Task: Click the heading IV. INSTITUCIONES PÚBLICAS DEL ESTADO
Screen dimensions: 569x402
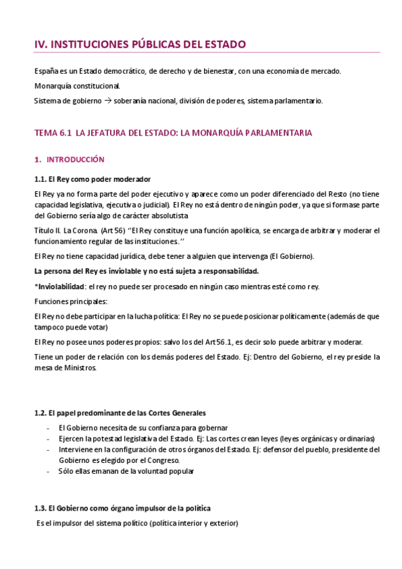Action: (x=140, y=44)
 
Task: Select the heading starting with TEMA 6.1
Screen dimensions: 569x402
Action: (x=172, y=133)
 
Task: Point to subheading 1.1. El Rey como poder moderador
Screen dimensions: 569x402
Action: (x=92, y=178)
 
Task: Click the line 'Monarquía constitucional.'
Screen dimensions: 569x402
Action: (x=78, y=86)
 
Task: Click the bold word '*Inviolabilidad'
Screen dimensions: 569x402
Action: (x=56, y=287)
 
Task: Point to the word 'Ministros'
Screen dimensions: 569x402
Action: (x=78, y=368)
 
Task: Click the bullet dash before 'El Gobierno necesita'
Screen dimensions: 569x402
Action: (x=47, y=427)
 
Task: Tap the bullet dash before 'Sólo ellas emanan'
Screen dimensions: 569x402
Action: (x=47, y=471)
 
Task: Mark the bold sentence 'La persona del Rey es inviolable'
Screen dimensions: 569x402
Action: (x=146, y=271)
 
